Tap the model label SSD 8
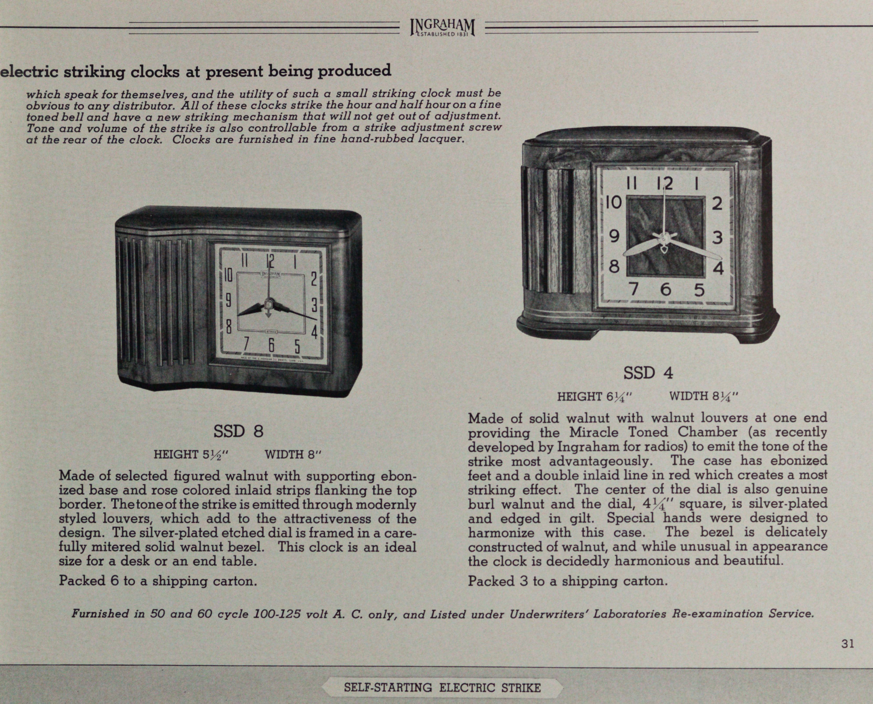click(238, 431)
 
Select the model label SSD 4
click(648, 373)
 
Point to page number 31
click(848, 644)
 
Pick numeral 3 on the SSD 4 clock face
click(717, 238)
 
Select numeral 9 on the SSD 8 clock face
click(228, 300)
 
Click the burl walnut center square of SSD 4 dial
click(665, 236)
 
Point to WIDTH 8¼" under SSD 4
click(704, 396)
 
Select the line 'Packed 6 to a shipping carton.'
click(158, 581)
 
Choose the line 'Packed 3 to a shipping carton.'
click(568, 581)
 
